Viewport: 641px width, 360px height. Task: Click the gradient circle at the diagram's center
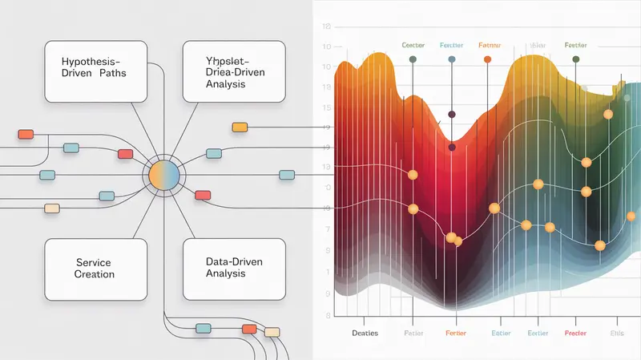[x=164, y=174]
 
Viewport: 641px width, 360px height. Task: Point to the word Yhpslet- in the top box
[x=214, y=61]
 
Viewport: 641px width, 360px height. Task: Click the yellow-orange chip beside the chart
[x=239, y=127]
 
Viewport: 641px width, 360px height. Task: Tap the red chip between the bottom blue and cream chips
[x=249, y=329]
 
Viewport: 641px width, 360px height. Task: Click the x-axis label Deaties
[x=364, y=332]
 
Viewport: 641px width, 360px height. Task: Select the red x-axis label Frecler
[x=575, y=332]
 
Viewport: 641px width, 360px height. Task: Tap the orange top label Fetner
[x=488, y=46]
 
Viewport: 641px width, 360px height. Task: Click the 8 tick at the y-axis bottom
[x=327, y=293]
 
